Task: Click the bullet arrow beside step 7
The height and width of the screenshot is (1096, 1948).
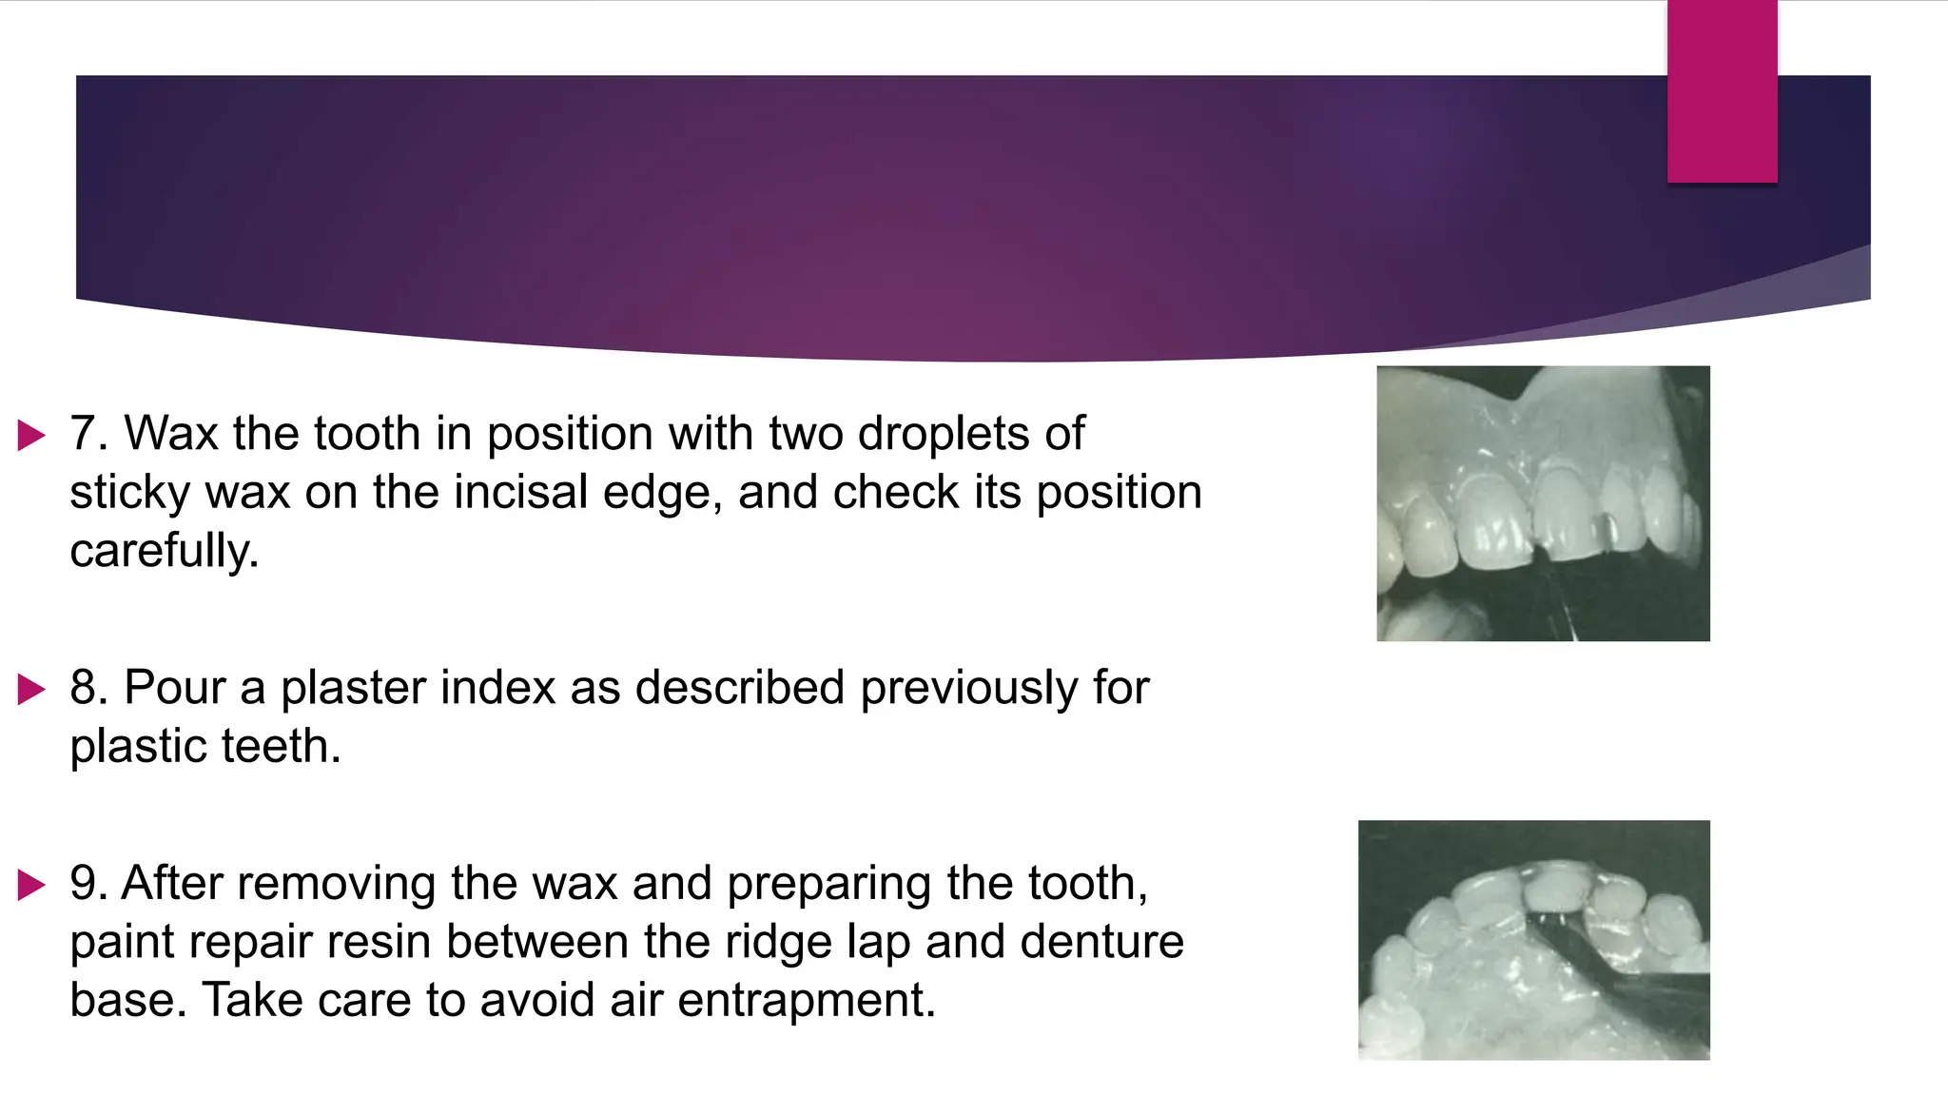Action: [x=32, y=436]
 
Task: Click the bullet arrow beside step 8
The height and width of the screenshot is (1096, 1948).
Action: [x=32, y=689]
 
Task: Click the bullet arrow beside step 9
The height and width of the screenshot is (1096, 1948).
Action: [x=32, y=885]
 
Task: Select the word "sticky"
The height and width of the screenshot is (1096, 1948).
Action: [x=129, y=493]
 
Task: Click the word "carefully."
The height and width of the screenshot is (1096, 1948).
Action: [x=164, y=551]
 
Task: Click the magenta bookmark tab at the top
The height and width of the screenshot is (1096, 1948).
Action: [x=1722, y=91]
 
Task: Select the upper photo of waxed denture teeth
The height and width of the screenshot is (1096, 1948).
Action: [x=1543, y=503]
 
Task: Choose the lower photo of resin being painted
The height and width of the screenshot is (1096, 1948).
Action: [x=1533, y=940]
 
